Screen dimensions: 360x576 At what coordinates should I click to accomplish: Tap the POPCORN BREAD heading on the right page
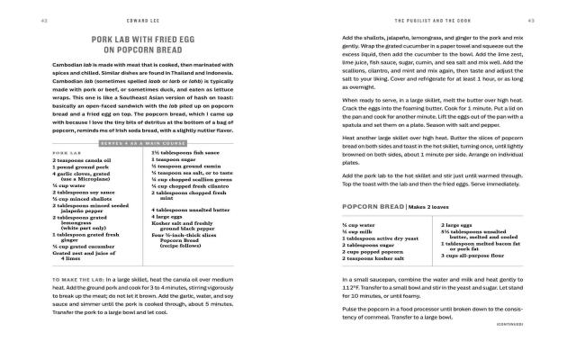point(373,207)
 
